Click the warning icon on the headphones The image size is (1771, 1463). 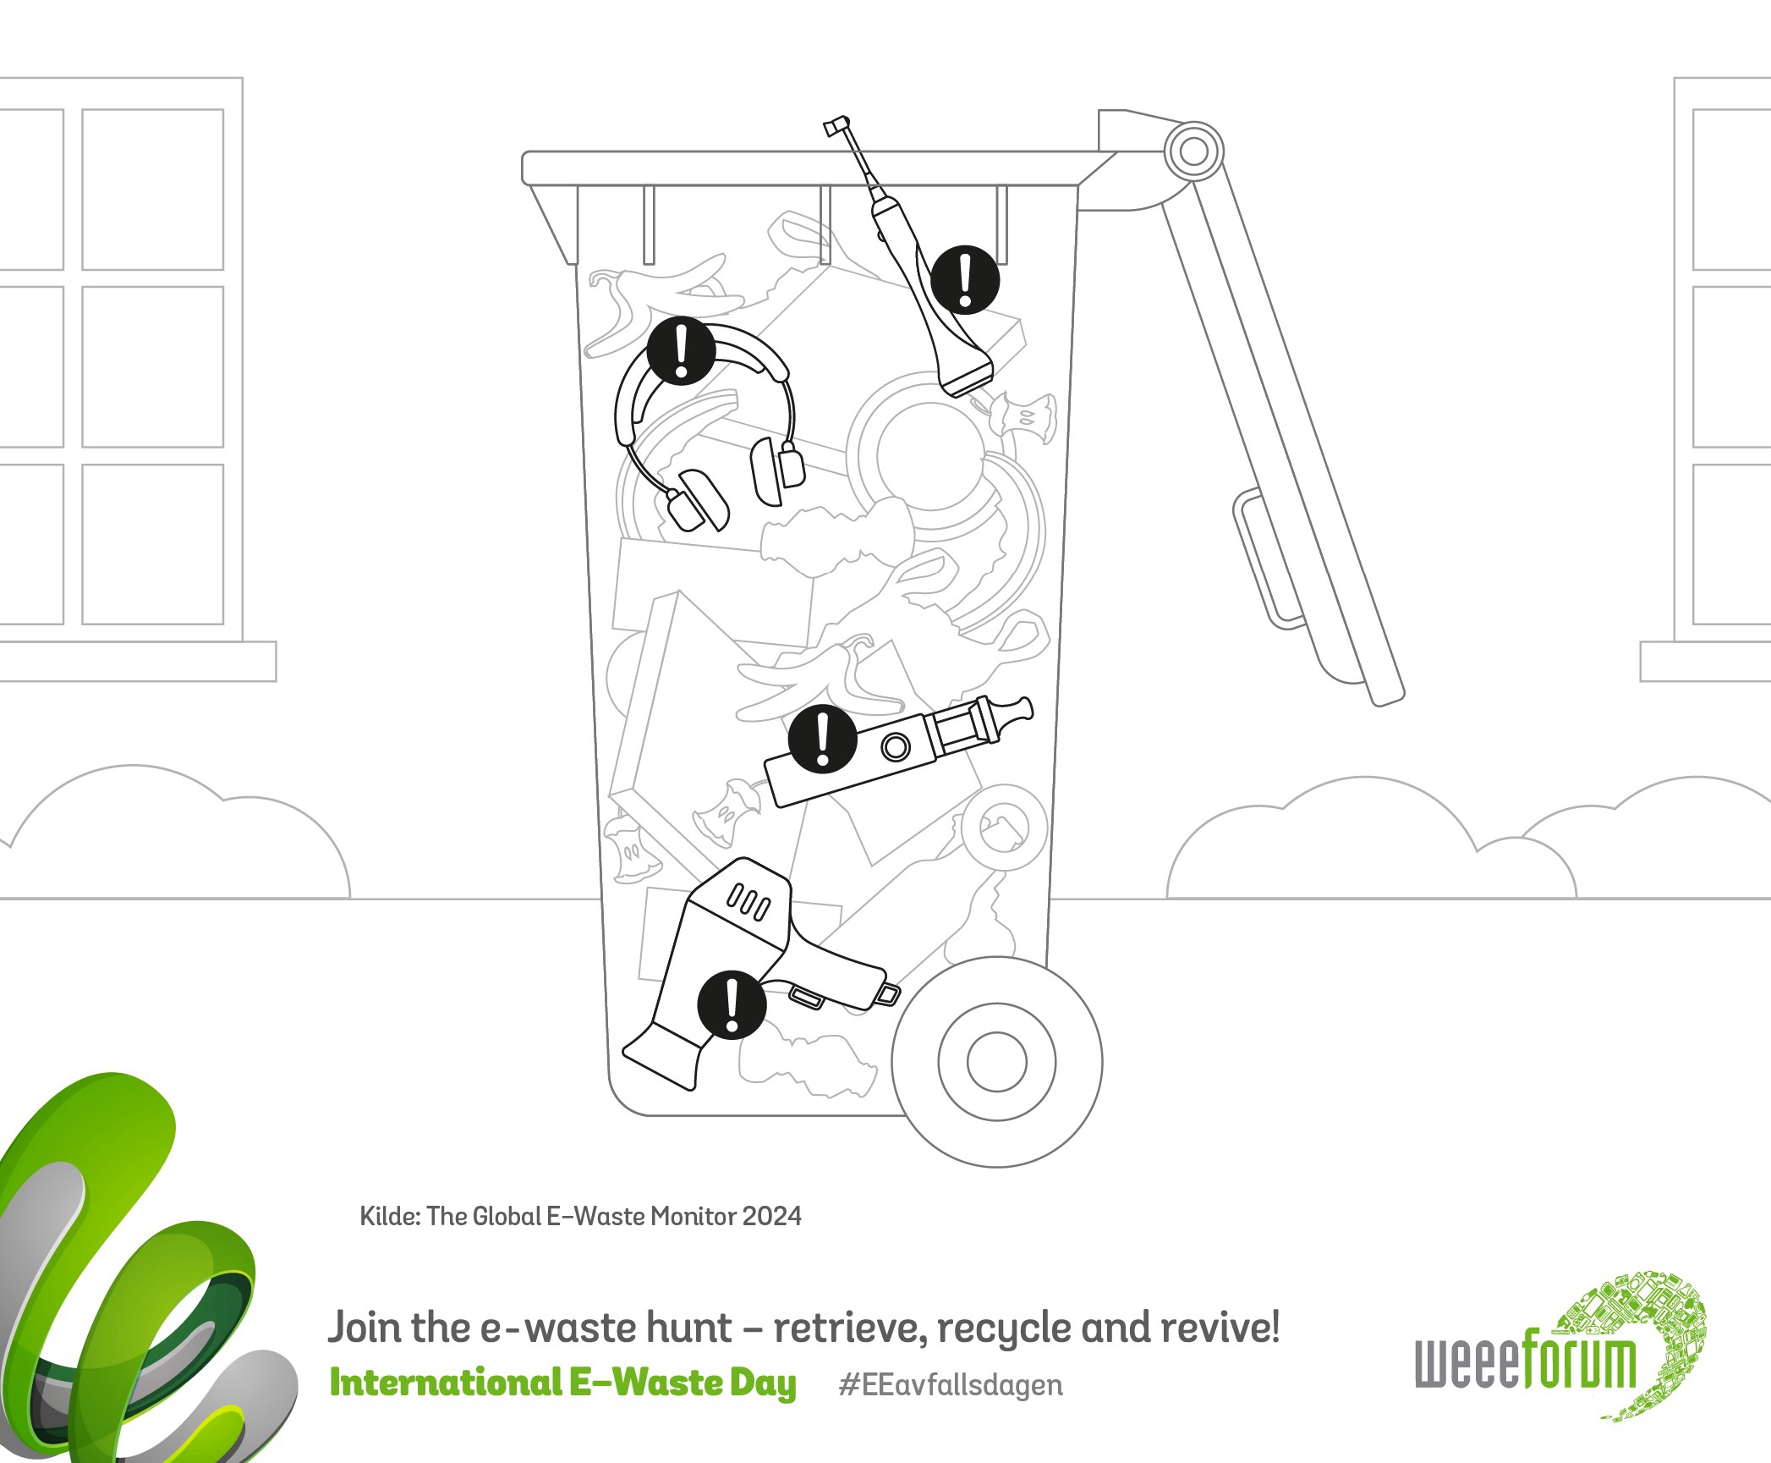[681, 351]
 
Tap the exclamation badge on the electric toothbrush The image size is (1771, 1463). [965, 279]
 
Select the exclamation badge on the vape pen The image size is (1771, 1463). [823, 739]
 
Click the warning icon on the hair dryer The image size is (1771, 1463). [732, 1004]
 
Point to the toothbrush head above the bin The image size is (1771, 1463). [836, 127]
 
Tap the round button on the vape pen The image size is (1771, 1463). [896, 747]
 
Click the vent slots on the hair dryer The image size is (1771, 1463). [748, 902]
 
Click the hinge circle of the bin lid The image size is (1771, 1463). [1193, 151]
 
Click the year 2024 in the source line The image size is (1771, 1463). [771, 1216]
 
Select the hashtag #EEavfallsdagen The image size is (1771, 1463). [951, 1385]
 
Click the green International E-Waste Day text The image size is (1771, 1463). [563, 1383]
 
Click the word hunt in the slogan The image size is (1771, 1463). [688, 1328]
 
